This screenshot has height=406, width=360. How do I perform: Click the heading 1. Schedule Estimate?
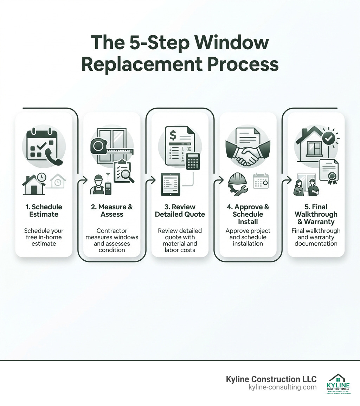44,210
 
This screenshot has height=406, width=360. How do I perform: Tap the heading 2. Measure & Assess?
111,210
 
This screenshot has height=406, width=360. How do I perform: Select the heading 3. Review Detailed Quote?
180,210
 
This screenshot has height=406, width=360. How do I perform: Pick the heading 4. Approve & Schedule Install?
247,214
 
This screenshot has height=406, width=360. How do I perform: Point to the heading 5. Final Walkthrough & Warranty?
316,214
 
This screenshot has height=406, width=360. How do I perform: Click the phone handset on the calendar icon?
55,157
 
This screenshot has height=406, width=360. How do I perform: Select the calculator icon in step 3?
193,161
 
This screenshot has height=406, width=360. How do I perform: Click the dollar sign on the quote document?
173,135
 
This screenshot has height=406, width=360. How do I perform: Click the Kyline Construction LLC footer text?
271,379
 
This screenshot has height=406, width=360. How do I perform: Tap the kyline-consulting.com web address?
282,387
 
